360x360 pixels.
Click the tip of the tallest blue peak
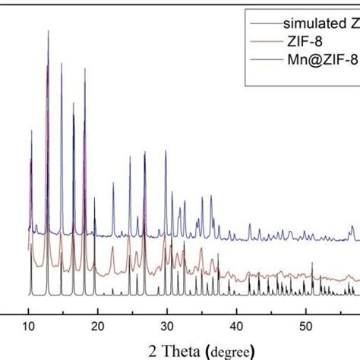[49, 31]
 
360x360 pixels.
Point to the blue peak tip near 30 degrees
[166, 152]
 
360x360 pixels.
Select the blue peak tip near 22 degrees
[113, 183]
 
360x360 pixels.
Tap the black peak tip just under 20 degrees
[95, 199]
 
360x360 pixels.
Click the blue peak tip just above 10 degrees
[31, 131]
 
